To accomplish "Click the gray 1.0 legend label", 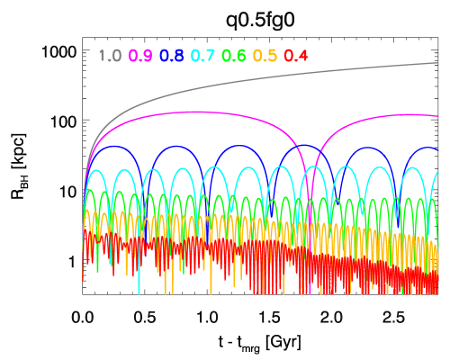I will click(110, 56).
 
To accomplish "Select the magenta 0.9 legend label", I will click(140, 56).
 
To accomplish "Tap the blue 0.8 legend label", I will click(172, 56).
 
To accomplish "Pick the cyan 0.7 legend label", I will click(202, 56).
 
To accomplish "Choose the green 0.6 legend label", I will click(234, 56).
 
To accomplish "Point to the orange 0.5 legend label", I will click(265, 56).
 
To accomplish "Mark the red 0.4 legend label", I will click(296, 56).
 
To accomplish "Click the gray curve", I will click(270, 78).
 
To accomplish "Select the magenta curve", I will click(225, 115).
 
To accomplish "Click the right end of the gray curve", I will click(437, 63).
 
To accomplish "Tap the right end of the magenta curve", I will click(437, 115).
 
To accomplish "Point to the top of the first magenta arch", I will click(193, 112).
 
